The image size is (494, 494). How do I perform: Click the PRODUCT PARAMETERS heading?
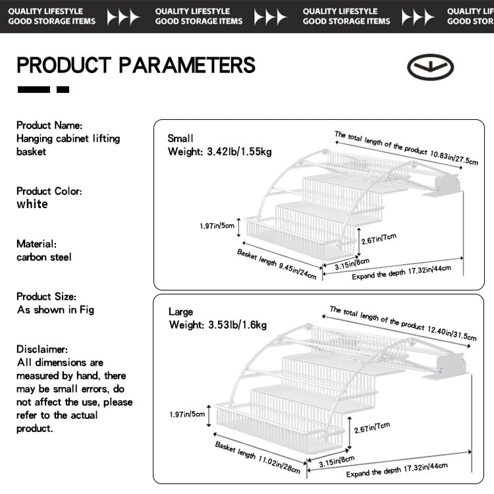point(136,65)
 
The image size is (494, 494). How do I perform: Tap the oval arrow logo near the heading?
point(430,67)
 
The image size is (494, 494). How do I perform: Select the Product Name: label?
point(49,125)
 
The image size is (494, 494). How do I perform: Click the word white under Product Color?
point(32,204)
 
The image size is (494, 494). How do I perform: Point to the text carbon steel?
point(44,257)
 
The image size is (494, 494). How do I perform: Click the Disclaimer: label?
point(42,349)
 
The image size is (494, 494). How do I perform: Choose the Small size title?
point(180,138)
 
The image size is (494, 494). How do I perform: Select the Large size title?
point(181,312)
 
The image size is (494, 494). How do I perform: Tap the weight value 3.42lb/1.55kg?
point(239,151)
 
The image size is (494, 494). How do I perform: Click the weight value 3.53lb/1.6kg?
point(238,325)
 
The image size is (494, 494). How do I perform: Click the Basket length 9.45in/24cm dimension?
point(277,264)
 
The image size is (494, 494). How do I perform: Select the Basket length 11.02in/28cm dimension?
point(258,457)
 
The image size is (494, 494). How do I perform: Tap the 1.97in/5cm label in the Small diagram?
point(217,226)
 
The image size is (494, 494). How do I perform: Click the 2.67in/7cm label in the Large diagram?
point(372,428)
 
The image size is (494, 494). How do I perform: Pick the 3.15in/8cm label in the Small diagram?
point(352,263)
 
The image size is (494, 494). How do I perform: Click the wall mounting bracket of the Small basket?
point(443,186)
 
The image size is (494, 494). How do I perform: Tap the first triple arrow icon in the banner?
point(123,16)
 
